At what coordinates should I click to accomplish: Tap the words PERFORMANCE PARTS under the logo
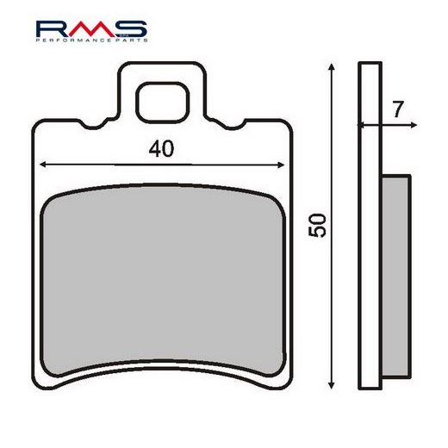91,40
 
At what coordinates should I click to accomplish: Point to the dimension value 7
396,109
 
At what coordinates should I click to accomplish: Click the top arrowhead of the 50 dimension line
331,67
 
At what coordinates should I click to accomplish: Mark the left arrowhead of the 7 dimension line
362,125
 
